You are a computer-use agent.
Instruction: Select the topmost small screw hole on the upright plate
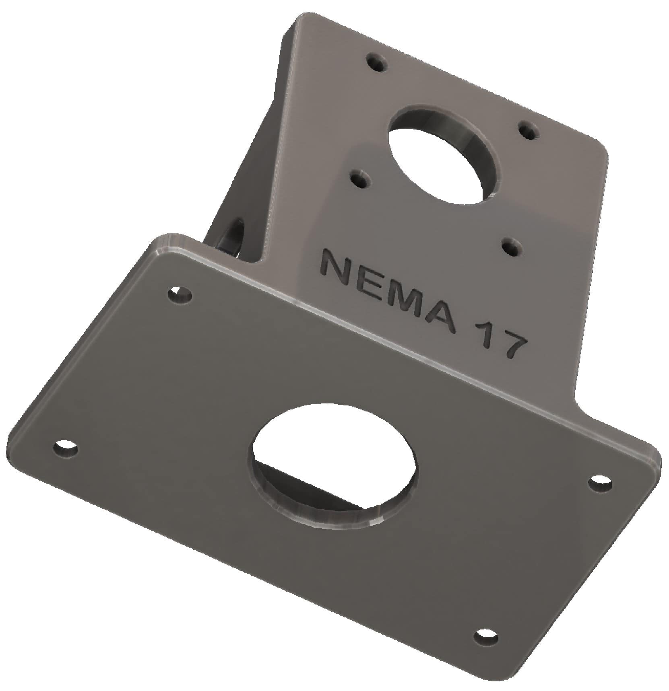377,63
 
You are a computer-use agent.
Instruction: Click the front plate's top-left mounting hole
180,295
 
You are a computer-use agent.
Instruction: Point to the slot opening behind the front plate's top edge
231,237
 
